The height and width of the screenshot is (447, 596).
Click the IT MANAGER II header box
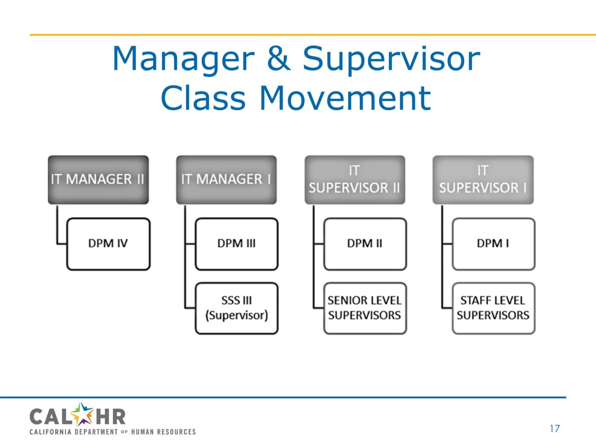click(x=98, y=179)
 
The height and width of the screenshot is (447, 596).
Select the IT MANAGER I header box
click(x=226, y=179)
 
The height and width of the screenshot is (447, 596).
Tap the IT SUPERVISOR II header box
click(x=354, y=179)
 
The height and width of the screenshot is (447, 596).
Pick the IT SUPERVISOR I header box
click(x=483, y=179)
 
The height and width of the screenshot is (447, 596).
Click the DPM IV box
click(x=108, y=243)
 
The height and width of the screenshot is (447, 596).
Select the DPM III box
click(x=237, y=243)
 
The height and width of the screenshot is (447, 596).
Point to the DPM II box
click(x=365, y=243)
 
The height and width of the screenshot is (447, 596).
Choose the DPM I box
click(x=493, y=243)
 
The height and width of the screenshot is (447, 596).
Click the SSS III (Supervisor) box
click(x=237, y=308)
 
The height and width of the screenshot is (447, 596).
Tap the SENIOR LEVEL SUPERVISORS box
click(x=365, y=308)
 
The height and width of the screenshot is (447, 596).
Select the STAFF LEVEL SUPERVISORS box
click(x=493, y=308)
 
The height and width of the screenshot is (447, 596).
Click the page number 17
click(x=555, y=429)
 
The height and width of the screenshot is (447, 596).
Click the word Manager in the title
click(x=183, y=59)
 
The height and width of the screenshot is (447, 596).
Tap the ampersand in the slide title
click(x=278, y=59)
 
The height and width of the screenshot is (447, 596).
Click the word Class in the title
click(x=203, y=98)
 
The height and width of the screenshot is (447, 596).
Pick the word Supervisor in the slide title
click(x=391, y=59)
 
